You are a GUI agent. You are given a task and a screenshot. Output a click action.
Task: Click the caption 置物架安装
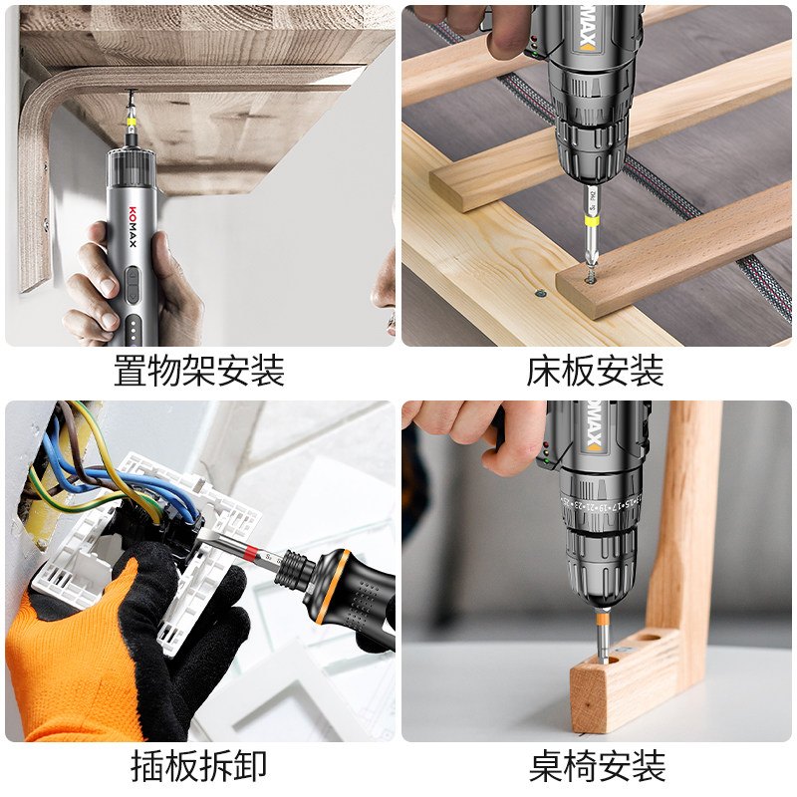click(198, 370)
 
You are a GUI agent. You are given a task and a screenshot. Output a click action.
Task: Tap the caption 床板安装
click(595, 370)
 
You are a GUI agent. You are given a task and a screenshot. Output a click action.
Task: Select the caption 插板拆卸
click(198, 765)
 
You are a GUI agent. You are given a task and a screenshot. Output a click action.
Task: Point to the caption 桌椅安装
click(597, 765)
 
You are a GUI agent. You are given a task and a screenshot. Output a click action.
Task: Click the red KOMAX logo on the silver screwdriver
click(133, 227)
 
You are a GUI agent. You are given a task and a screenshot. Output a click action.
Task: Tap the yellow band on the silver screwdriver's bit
click(132, 122)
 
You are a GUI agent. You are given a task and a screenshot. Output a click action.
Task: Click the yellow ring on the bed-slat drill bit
click(592, 220)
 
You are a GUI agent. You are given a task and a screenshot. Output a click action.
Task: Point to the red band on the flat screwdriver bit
click(250, 553)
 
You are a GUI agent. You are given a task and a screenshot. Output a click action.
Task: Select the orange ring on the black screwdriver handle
click(332, 586)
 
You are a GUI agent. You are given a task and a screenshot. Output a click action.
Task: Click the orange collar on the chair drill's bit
click(603, 619)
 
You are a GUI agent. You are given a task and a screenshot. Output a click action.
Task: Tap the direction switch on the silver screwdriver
click(133, 285)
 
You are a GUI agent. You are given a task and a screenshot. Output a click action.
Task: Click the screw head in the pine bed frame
click(540, 293)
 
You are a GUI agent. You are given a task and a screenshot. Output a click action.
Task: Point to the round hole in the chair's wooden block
click(650, 637)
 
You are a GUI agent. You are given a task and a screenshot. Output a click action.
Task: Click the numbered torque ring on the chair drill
click(601, 505)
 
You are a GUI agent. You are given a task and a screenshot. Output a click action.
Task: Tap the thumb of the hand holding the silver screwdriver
click(167, 264)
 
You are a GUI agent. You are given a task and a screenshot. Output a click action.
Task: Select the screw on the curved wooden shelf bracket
click(45, 223)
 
